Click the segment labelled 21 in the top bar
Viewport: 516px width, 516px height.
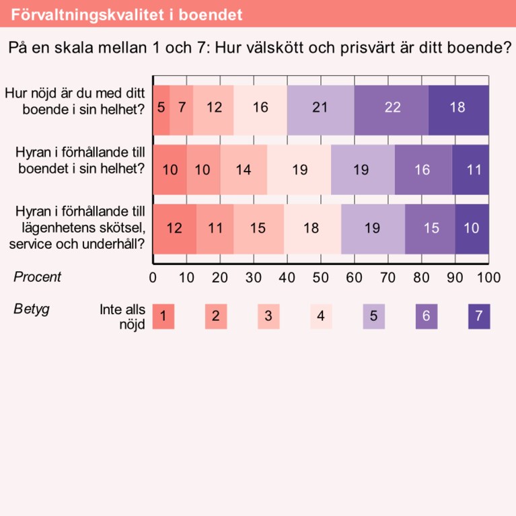(x=320, y=107)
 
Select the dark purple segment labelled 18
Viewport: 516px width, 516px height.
(x=458, y=107)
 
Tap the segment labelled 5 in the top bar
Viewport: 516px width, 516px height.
(x=161, y=107)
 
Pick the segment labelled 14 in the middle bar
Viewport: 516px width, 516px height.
(x=244, y=170)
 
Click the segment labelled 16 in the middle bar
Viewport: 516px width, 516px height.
(x=422, y=170)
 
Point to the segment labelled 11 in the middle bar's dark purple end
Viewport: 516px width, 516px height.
(x=474, y=170)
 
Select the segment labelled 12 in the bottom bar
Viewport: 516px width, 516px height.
(x=174, y=228)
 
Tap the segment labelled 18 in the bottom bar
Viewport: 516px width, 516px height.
(x=311, y=228)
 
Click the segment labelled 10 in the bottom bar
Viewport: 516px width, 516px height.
(x=472, y=228)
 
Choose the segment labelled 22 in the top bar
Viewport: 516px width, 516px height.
(x=392, y=107)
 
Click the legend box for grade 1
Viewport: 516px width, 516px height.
(x=163, y=316)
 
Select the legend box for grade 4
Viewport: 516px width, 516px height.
(x=321, y=316)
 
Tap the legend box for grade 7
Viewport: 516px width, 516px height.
(x=479, y=316)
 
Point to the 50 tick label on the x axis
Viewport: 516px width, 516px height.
(x=320, y=277)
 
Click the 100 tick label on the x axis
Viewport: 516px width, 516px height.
(x=488, y=277)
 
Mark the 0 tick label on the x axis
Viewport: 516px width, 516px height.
(x=153, y=277)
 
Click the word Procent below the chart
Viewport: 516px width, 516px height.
(x=37, y=277)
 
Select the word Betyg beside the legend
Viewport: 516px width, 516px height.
(x=32, y=309)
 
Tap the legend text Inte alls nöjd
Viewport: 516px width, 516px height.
(x=123, y=317)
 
